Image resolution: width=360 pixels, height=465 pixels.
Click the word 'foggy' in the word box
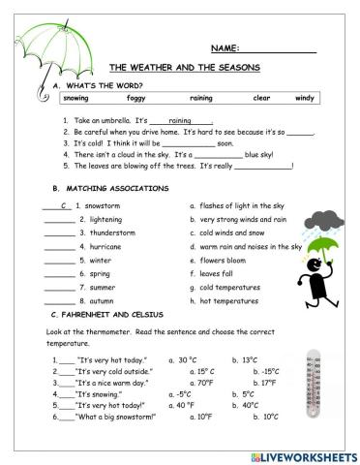pos(137,98)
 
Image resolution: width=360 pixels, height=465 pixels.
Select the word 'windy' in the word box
pos(304,98)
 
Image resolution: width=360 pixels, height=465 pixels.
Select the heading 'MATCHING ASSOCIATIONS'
pos(117,186)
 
